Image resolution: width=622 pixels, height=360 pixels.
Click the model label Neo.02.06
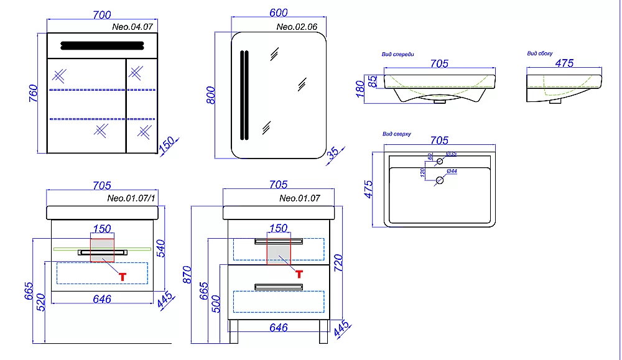297,27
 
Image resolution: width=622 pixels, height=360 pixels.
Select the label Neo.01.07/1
131,200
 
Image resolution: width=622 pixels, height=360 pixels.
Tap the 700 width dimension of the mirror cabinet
102,15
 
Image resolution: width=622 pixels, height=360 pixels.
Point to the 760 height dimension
35,93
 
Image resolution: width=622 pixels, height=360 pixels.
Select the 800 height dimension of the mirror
211,94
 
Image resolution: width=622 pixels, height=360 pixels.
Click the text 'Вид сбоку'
540,54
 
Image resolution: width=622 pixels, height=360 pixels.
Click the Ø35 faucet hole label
452,154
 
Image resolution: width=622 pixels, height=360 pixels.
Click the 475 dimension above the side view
564,63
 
